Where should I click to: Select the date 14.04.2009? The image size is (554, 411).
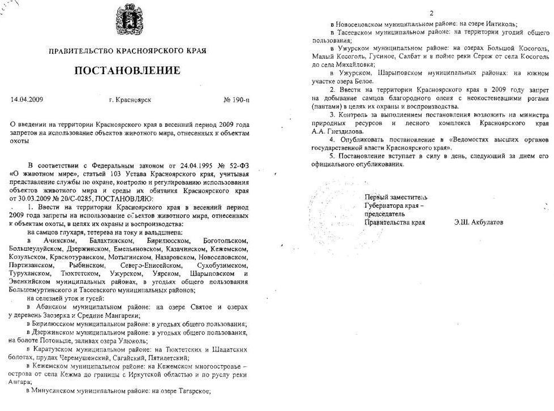pyautogui.click(x=27, y=100)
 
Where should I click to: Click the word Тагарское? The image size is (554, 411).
pyautogui.click(x=192, y=391)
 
